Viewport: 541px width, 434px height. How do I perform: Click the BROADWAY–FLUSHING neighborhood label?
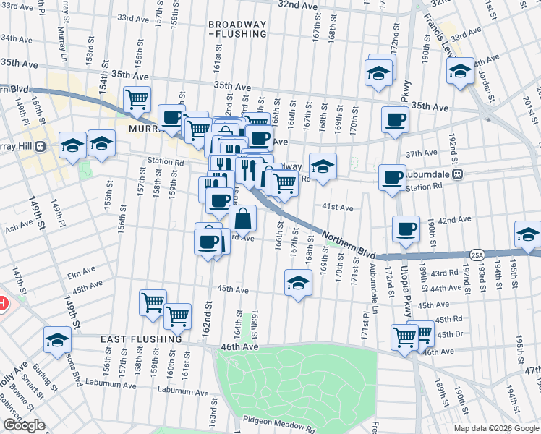pos(238,28)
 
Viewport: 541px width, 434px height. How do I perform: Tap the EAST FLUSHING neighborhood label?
pos(141,339)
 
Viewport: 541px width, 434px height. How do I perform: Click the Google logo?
pos(24,425)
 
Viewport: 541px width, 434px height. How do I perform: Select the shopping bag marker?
pos(243,217)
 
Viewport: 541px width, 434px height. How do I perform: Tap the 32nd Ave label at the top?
pos(298,4)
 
